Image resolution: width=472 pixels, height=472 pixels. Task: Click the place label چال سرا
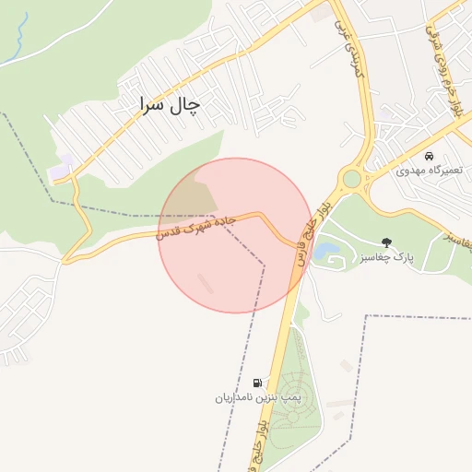(x=169, y=105)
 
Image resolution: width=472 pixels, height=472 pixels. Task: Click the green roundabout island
(x=351, y=179)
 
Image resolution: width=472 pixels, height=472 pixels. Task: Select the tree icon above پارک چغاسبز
(x=386, y=242)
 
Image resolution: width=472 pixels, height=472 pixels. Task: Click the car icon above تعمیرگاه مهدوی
(x=430, y=155)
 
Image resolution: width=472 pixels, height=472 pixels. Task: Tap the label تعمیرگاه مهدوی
(x=428, y=171)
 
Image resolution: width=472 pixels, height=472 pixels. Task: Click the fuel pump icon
(x=256, y=383)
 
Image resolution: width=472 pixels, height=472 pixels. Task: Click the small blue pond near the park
(x=326, y=249)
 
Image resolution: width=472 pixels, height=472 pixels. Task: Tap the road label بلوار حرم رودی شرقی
(x=444, y=65)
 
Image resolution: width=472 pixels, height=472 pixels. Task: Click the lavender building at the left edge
(x=61, y=170)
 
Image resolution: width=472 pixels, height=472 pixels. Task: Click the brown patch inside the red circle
(x=195, y=194)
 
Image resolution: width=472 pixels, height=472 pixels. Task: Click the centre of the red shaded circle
(x=236, y=235)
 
